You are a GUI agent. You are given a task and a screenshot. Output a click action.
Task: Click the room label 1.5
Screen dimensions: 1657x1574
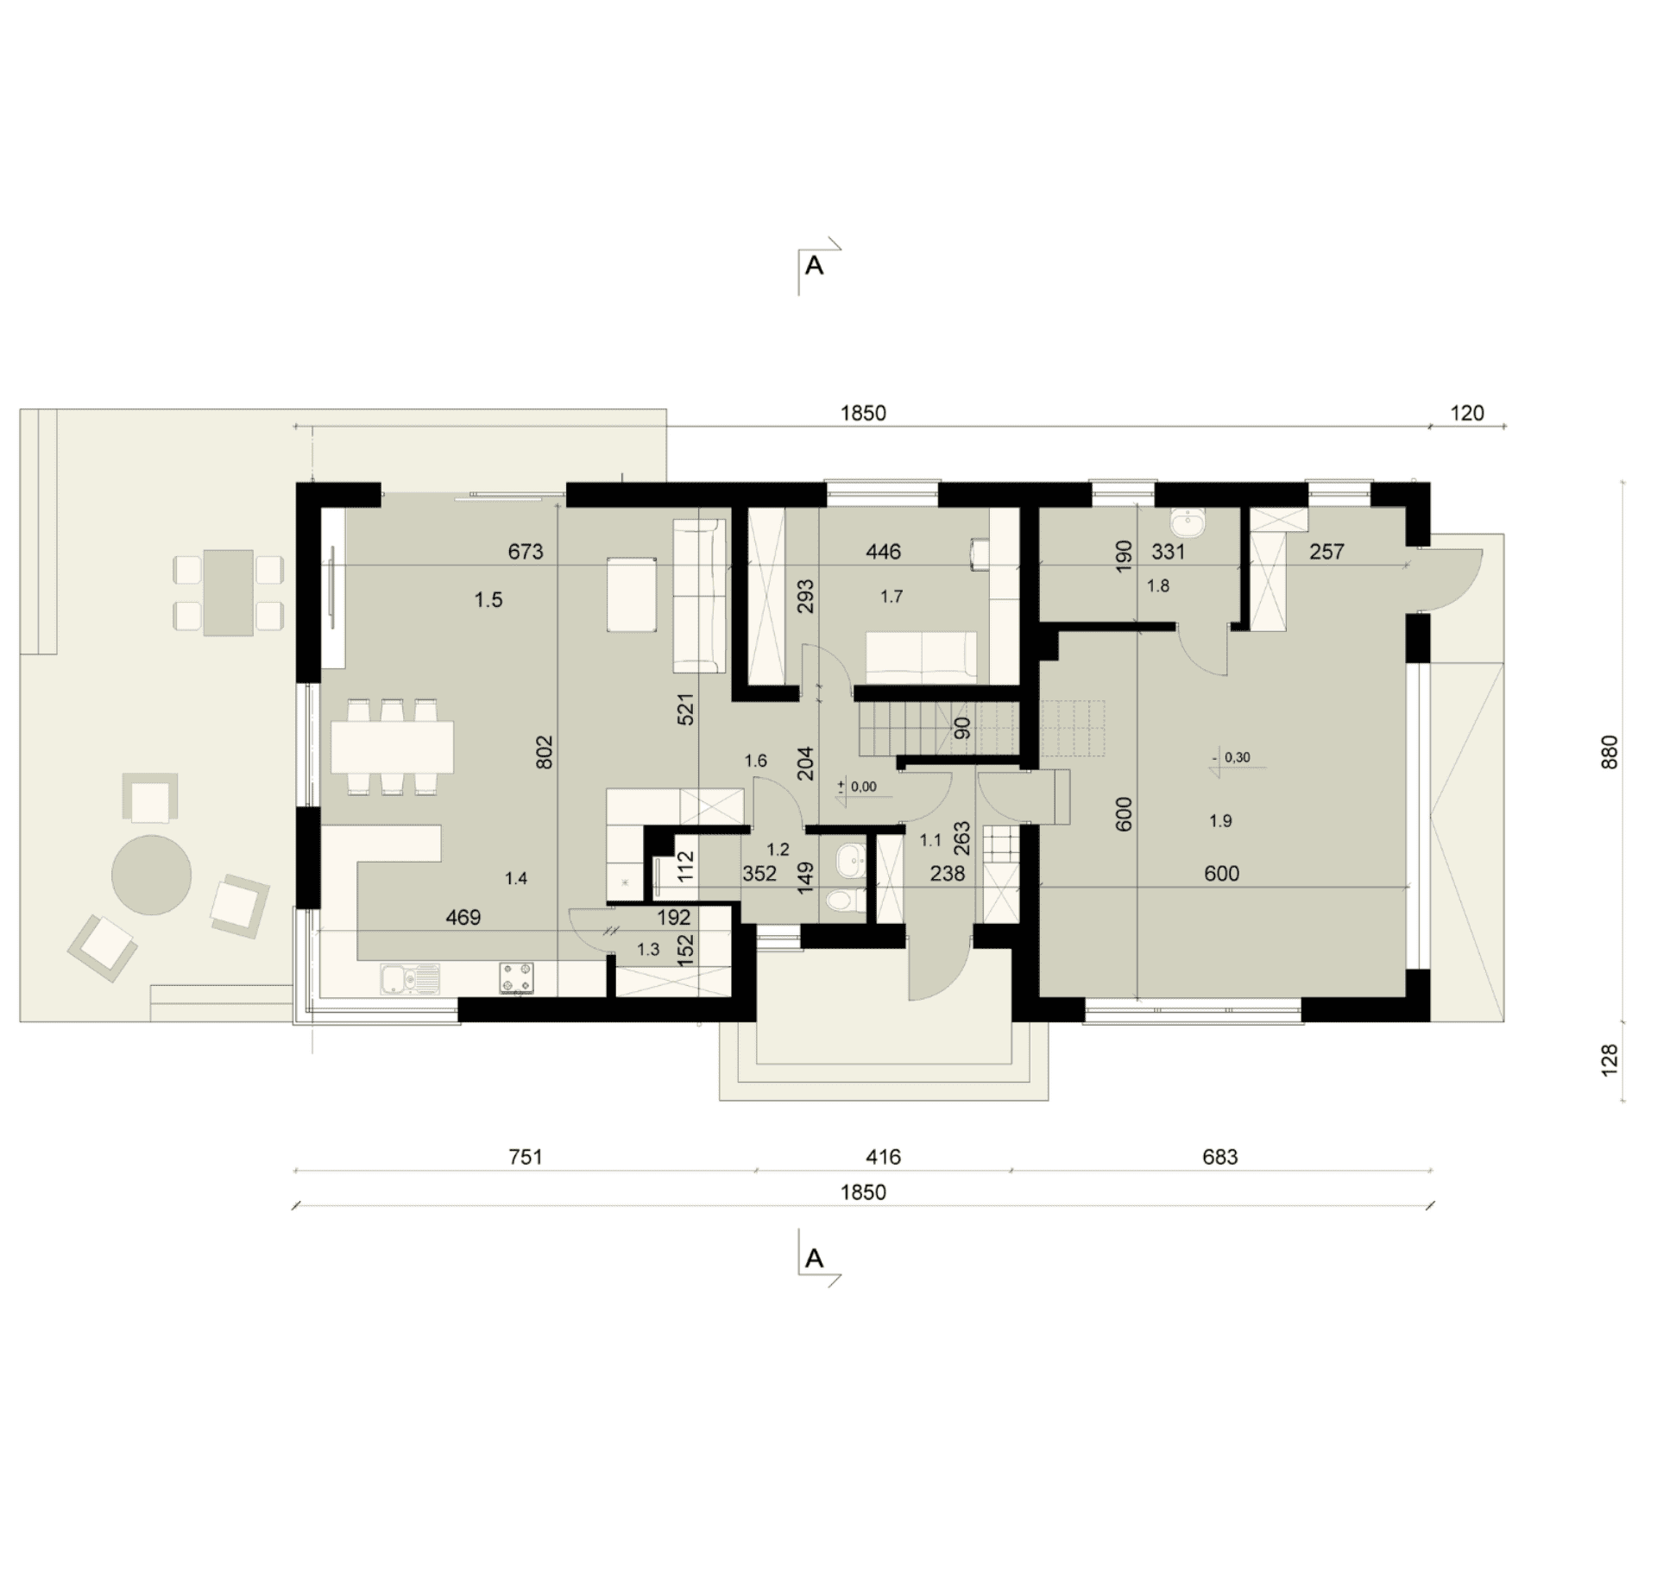click(488, 599)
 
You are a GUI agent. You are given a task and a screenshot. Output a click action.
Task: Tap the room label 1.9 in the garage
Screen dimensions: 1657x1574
click(1220, 820)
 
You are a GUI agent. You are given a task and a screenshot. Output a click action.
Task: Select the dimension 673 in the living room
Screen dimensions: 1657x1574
click(526, 551)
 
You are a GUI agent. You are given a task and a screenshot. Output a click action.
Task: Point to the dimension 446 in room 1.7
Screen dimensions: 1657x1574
click(883, 551)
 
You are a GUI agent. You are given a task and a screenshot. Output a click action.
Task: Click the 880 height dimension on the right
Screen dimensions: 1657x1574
click(1610, 752)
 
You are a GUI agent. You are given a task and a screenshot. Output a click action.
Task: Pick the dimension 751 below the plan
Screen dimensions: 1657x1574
click(526, 1156)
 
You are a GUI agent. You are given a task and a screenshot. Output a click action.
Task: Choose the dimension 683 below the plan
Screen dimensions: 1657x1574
click(1220, 1156)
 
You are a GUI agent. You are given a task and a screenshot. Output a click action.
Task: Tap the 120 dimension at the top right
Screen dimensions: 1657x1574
click(1467, 413)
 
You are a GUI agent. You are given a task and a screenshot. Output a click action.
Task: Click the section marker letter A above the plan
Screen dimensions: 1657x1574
click(814, 266)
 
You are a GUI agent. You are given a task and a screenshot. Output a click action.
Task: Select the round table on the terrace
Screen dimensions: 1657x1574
click(151, 875)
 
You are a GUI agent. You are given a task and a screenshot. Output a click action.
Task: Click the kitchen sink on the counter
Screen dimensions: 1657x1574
click(409, 978)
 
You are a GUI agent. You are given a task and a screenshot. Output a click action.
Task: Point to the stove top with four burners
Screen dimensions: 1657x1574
click(516, 977)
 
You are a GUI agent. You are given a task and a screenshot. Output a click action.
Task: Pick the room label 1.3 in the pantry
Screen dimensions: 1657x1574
click(648, 950)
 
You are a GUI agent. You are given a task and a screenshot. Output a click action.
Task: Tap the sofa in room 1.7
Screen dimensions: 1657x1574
click(922, 656)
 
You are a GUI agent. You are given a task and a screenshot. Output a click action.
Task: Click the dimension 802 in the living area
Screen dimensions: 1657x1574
click(544, 752)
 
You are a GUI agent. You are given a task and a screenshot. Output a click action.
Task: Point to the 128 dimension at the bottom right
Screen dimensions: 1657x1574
click(1610, 1060)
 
